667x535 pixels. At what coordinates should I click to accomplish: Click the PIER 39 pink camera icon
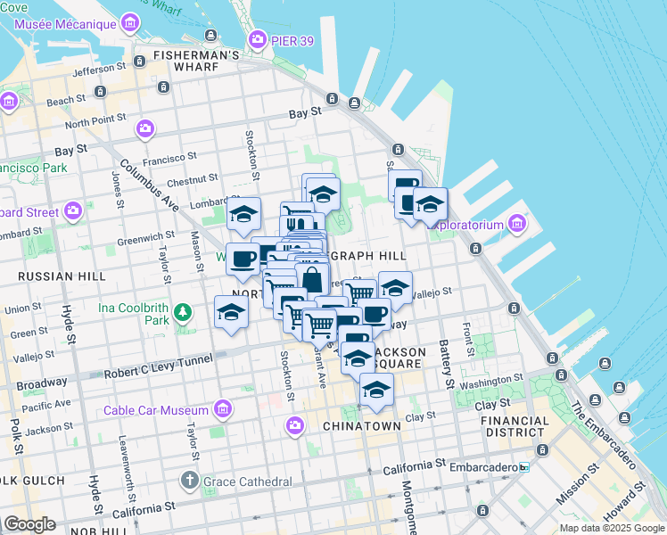[x=258, y=39]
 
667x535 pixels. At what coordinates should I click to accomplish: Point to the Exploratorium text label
[x=465, y=226]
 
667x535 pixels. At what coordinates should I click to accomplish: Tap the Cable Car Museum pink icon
[x=222, y=410]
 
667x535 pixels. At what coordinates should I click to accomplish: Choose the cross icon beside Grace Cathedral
[x=189, y=481]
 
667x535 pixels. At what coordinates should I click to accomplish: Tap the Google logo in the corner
[x=29, y=524]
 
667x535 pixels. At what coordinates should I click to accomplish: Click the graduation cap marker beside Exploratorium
[x=430, y=204]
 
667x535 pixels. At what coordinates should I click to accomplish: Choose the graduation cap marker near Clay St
[x=376, y=391]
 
